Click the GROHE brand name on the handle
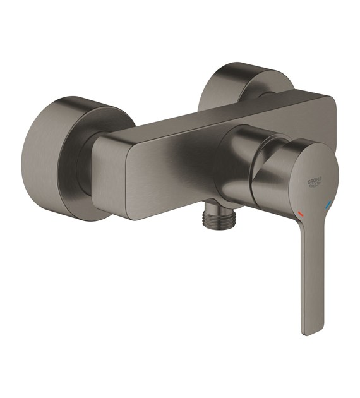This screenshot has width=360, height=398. (x=315, y=181)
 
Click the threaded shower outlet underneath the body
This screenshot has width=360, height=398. (x=219, y=218)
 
